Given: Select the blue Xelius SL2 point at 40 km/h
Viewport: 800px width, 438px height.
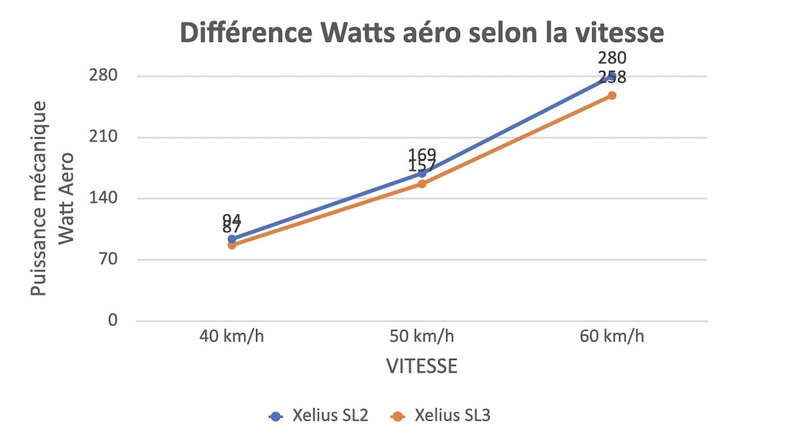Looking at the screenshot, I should pos(232,239).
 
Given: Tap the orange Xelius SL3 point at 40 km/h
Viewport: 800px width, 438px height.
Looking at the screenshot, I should pos(232,245).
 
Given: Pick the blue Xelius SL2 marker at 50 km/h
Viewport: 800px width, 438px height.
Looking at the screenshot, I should pos(422,173).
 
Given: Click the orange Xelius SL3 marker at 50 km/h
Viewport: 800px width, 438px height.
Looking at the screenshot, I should pos(422,184).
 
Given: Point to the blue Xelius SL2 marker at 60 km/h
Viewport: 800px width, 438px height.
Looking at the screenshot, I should pos(611,77).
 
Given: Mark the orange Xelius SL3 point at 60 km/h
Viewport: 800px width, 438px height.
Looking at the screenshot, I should pos(611,96).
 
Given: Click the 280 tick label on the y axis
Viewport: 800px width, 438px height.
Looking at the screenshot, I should pos(103,76).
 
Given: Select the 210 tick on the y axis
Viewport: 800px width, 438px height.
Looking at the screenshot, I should pos(103,137).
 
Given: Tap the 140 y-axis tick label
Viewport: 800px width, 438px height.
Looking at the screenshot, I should pos(103,199).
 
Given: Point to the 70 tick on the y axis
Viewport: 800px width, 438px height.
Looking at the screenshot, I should pos(108,260).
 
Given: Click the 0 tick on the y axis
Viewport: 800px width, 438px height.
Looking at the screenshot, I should pos(112,321).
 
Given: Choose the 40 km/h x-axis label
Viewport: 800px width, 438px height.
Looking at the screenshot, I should pos(231,336).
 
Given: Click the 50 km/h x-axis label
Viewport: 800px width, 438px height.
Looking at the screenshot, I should pos(422,336).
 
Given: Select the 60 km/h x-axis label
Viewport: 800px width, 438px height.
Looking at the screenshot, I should pos(612,336).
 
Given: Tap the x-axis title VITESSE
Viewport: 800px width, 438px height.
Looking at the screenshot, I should pos(421,367).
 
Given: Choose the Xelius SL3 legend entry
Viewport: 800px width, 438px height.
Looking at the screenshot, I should pos(446,416).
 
